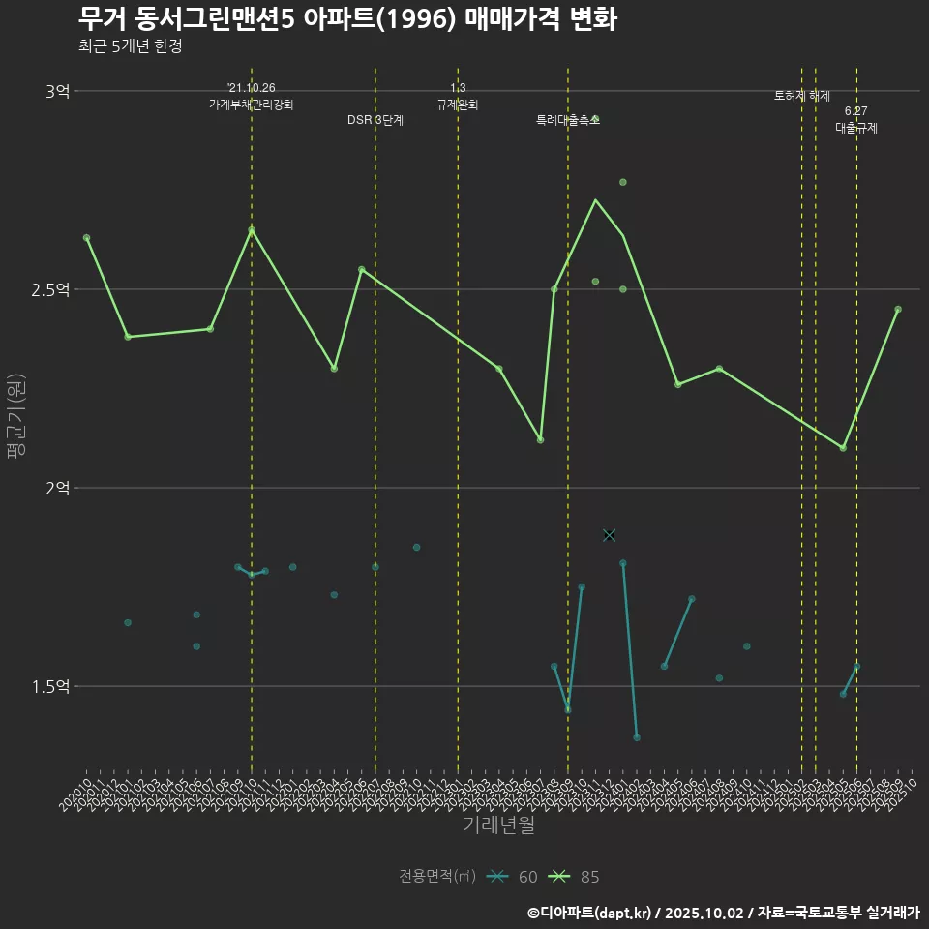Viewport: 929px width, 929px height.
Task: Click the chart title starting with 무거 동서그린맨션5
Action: [x=346, y=19]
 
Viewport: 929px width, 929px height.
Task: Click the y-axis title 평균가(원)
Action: [x=15, y=416]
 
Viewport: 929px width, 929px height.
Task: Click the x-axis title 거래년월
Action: [x=498, y=825]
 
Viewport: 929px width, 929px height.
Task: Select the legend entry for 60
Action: [x=513, y=877]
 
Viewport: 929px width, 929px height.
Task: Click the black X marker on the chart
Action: [x=609, y=535]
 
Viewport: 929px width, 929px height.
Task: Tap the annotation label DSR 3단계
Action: [x=375, y=121]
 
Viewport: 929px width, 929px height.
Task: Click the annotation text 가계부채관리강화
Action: [x=252, y=105]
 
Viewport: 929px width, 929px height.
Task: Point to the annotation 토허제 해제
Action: [x=802, y=96]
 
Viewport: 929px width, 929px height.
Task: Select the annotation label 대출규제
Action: [x=856, y=128]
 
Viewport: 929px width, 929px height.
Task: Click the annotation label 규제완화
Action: [x=458, y=105]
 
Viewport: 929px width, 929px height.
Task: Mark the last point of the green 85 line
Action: [x=898, y=310]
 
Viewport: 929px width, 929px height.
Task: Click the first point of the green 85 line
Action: [x=87, y=237]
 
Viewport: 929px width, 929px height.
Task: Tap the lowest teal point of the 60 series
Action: [x=637, y=737]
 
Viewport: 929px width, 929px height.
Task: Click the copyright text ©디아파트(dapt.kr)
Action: [x=591, y=913]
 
